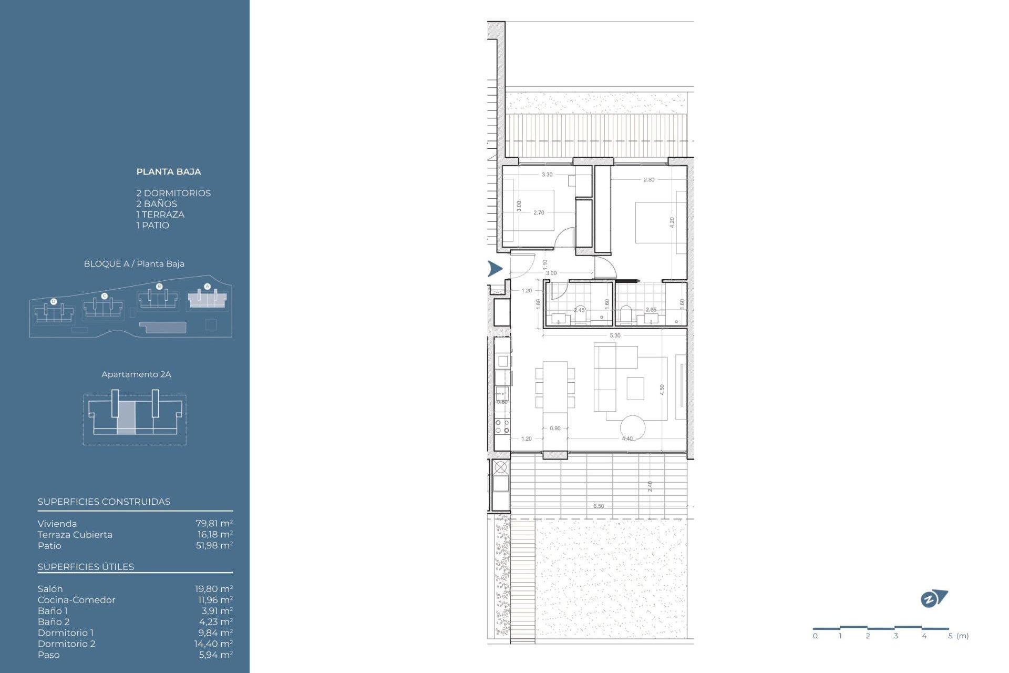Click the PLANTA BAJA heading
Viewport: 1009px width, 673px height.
coord(168,171)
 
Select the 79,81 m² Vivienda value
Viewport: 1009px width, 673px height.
coord(214,524)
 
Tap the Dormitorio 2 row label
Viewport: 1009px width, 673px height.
coord(66,644)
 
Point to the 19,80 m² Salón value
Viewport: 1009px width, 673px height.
coord(214,589)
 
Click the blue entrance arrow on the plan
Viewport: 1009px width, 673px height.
coord(495,269)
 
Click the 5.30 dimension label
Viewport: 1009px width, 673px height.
coord(615,335)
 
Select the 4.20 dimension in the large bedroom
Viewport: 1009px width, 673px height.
coord(672,222)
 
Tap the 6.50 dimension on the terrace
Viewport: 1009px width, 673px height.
coord(599,506)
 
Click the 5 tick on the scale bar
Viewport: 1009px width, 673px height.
coord(950,636)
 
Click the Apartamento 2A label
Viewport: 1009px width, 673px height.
coord(136,374)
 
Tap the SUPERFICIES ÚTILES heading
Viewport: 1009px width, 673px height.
coord(86,567)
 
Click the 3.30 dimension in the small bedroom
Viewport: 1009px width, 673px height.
coord(547,175)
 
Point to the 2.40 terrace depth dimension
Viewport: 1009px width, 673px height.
coord(650,486)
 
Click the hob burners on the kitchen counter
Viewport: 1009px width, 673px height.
coord(502,426)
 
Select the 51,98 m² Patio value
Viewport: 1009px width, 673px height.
coord(214,545)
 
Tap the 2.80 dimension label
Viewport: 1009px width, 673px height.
coord(649,180)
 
